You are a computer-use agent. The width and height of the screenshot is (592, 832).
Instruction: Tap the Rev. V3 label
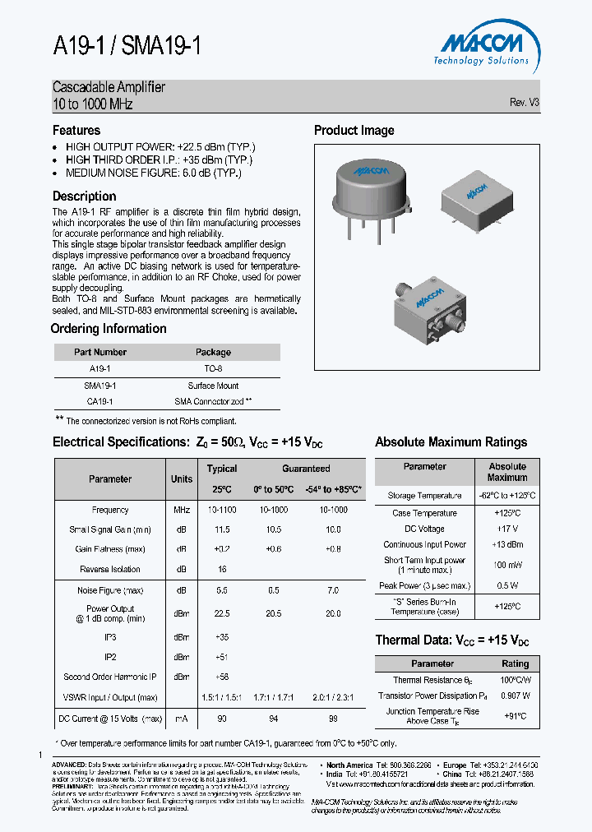524,103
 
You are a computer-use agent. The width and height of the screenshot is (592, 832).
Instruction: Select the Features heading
76,131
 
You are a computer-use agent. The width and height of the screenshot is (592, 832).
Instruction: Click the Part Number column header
100,352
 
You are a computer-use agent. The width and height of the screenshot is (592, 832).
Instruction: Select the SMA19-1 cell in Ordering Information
100,386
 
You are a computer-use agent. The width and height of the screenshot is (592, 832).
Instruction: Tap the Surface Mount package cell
213,386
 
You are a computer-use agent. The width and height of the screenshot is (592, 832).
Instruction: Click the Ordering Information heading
109,329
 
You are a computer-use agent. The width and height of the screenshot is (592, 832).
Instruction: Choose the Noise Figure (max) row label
110,591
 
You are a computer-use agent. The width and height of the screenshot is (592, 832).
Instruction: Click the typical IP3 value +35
222,637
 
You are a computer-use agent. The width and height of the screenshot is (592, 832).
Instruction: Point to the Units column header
182,479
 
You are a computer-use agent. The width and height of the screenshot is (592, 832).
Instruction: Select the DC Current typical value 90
222,719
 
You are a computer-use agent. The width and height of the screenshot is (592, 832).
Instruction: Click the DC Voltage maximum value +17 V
507,529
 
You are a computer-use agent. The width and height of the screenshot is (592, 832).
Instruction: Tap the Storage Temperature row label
424,496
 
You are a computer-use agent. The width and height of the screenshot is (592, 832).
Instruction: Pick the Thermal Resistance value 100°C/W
516,680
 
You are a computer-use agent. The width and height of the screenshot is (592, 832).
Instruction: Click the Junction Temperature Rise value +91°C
516,716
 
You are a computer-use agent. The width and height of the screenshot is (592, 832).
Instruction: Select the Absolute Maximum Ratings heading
451,442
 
